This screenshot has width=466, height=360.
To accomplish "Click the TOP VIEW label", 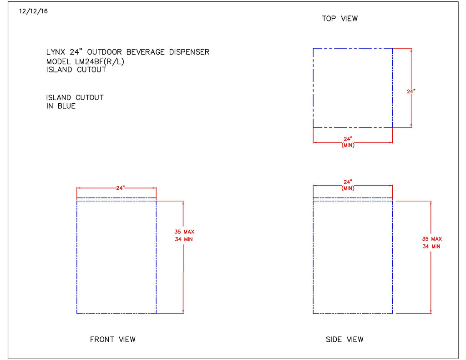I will [x=340, y=19].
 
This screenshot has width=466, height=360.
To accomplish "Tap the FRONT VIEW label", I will [x=112, y=339].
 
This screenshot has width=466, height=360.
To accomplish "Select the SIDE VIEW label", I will [x=344, y=339].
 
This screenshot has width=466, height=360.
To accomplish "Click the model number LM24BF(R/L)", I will [x=100, y=61].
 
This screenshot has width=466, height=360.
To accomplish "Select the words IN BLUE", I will [x=61, y=106].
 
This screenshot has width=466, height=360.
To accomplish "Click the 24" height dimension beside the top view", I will [x=411, y=91].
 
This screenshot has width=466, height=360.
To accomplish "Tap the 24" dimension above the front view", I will [x=120, y=188].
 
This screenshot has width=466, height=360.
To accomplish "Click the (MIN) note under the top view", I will [x=348, y=145].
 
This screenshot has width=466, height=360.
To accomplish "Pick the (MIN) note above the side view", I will [x=348, y=188].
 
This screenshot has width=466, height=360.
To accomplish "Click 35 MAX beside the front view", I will [x=184, y=232].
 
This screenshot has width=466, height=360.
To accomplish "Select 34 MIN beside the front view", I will [x=184, y=239].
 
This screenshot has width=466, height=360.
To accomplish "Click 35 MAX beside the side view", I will [x=432, y=239].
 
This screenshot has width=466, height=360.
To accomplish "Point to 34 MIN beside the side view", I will [x=431, y=246].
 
